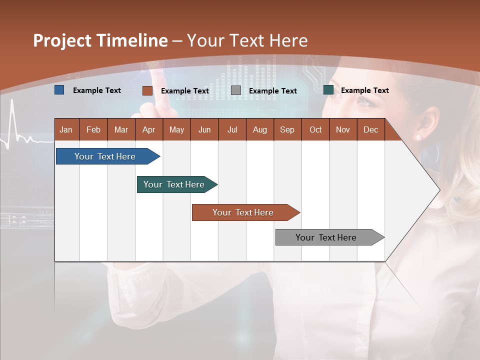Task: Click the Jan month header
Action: coord(66,129)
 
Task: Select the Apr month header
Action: coord(148,129)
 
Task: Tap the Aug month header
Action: coord(259,129)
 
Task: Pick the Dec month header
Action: coord(370,129)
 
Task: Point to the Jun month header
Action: coord(204,129)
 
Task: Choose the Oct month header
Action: coord(315,129)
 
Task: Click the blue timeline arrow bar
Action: coord(105,156)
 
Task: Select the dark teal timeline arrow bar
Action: coord(174,184)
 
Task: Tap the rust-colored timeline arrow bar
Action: coord(243,212)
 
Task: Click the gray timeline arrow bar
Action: coord(326,237)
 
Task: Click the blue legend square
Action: coord(59,90)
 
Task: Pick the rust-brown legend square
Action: coord(147,90)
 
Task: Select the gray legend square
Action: coord(236,90)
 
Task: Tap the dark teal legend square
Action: coord(328,90)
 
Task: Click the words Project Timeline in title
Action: coord(100,40)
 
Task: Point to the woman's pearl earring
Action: coord(418,137)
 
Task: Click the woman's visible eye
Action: coord(364,102)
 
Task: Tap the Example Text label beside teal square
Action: coord(364,90)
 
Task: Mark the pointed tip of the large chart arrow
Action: coord(439,190)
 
